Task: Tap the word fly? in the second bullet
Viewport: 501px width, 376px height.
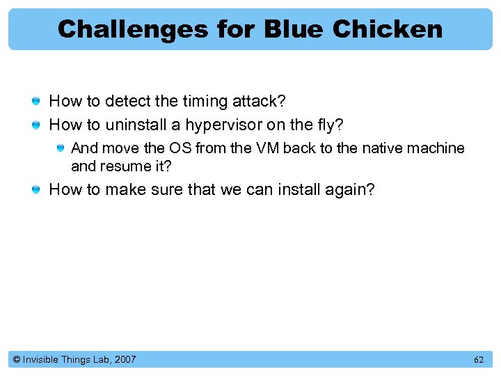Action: [330, 125]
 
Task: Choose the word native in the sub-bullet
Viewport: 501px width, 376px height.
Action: [385, 148]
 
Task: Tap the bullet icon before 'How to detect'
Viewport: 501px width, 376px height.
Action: [36, 102]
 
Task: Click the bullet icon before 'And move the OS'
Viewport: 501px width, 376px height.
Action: [61, 148]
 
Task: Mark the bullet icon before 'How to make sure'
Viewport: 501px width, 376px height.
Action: [36, 190]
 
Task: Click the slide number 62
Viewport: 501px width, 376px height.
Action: [479, 360]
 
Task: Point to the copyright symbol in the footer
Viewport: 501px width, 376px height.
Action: [15, 360]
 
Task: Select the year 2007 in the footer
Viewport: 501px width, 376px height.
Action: [125, 360]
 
